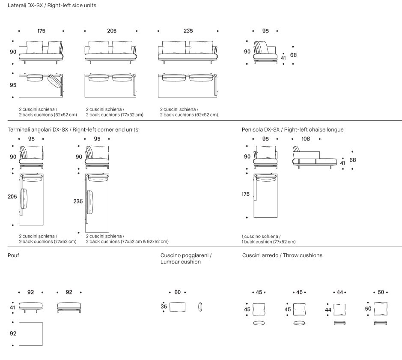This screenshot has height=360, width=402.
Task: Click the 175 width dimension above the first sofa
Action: point(41,31)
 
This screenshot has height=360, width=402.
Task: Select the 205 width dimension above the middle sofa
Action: point(112,31)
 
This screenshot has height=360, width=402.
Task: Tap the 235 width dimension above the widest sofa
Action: point(188,31)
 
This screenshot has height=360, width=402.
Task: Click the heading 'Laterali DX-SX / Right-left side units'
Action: point(52,6)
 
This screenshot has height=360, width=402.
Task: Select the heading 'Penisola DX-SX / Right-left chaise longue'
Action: point(292,129)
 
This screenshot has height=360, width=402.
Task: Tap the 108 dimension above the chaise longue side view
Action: point(306,139)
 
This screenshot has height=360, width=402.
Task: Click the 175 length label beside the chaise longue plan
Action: point(245,194)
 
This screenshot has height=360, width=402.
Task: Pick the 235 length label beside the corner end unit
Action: point(78,201)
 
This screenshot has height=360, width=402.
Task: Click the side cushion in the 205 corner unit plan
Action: point(24,198)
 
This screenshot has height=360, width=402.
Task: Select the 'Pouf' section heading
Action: point(13,255)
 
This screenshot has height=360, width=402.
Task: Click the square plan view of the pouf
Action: point(30,334)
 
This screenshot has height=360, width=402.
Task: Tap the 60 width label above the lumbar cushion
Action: point(177,292)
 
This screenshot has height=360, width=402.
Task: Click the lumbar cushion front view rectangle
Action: point(177,307)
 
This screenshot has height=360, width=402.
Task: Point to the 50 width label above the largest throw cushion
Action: point(381,292)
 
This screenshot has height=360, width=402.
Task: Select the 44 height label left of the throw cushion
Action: point(328,310)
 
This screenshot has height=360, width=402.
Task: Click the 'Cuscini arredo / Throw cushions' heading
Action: point(282,255)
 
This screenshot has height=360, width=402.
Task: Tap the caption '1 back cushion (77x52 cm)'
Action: point(269,242)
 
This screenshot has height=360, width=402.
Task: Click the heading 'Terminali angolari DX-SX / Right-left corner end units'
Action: point(73,129)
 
